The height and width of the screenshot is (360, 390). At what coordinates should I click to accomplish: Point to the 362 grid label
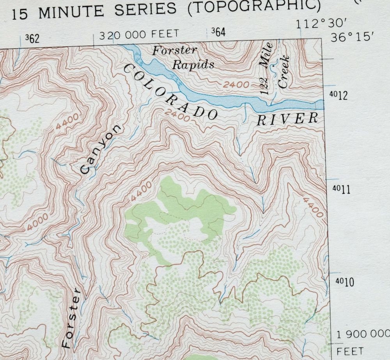(32, 39)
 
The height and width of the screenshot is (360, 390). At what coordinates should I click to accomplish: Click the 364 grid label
(218, 32)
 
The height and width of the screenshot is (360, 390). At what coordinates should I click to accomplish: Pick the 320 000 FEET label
(139, 35)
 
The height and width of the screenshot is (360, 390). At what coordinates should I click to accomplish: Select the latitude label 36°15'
(352, 38)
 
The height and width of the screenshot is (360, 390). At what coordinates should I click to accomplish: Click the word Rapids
(193, 64)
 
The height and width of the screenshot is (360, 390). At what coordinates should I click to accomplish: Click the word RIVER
(287, 119)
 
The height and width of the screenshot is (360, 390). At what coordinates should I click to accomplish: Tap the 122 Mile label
(267, 73)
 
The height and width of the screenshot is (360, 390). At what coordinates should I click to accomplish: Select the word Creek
(284, 72)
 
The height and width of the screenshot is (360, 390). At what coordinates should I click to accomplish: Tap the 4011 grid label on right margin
(338, 190)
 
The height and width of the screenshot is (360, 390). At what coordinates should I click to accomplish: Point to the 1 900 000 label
(362, 334)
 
